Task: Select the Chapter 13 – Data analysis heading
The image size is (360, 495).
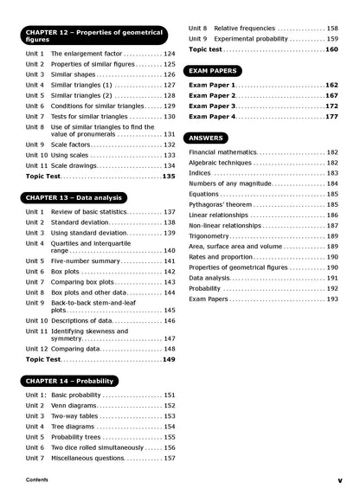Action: pyautogui.click(x=75, y=197)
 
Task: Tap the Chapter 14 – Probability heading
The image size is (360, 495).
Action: pyautogui.click(x=71, y=381)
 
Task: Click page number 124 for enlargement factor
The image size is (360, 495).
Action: pyautogui.click(x=169, y=54)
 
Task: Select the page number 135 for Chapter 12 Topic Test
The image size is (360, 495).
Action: pyautogui.click(x=168, y=176)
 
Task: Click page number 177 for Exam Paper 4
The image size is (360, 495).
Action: pyautogui.click(x=331, y=116)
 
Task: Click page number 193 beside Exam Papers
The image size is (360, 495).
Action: pyautogui.click(x=332, y=299)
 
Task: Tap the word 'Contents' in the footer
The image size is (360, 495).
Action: pyautogui.click(x=37, y=479)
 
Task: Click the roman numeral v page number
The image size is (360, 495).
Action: pyautogui.click(x=340, y=479)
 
